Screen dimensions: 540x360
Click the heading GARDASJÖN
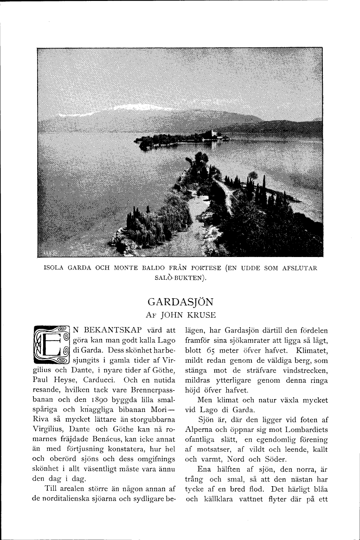180,302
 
